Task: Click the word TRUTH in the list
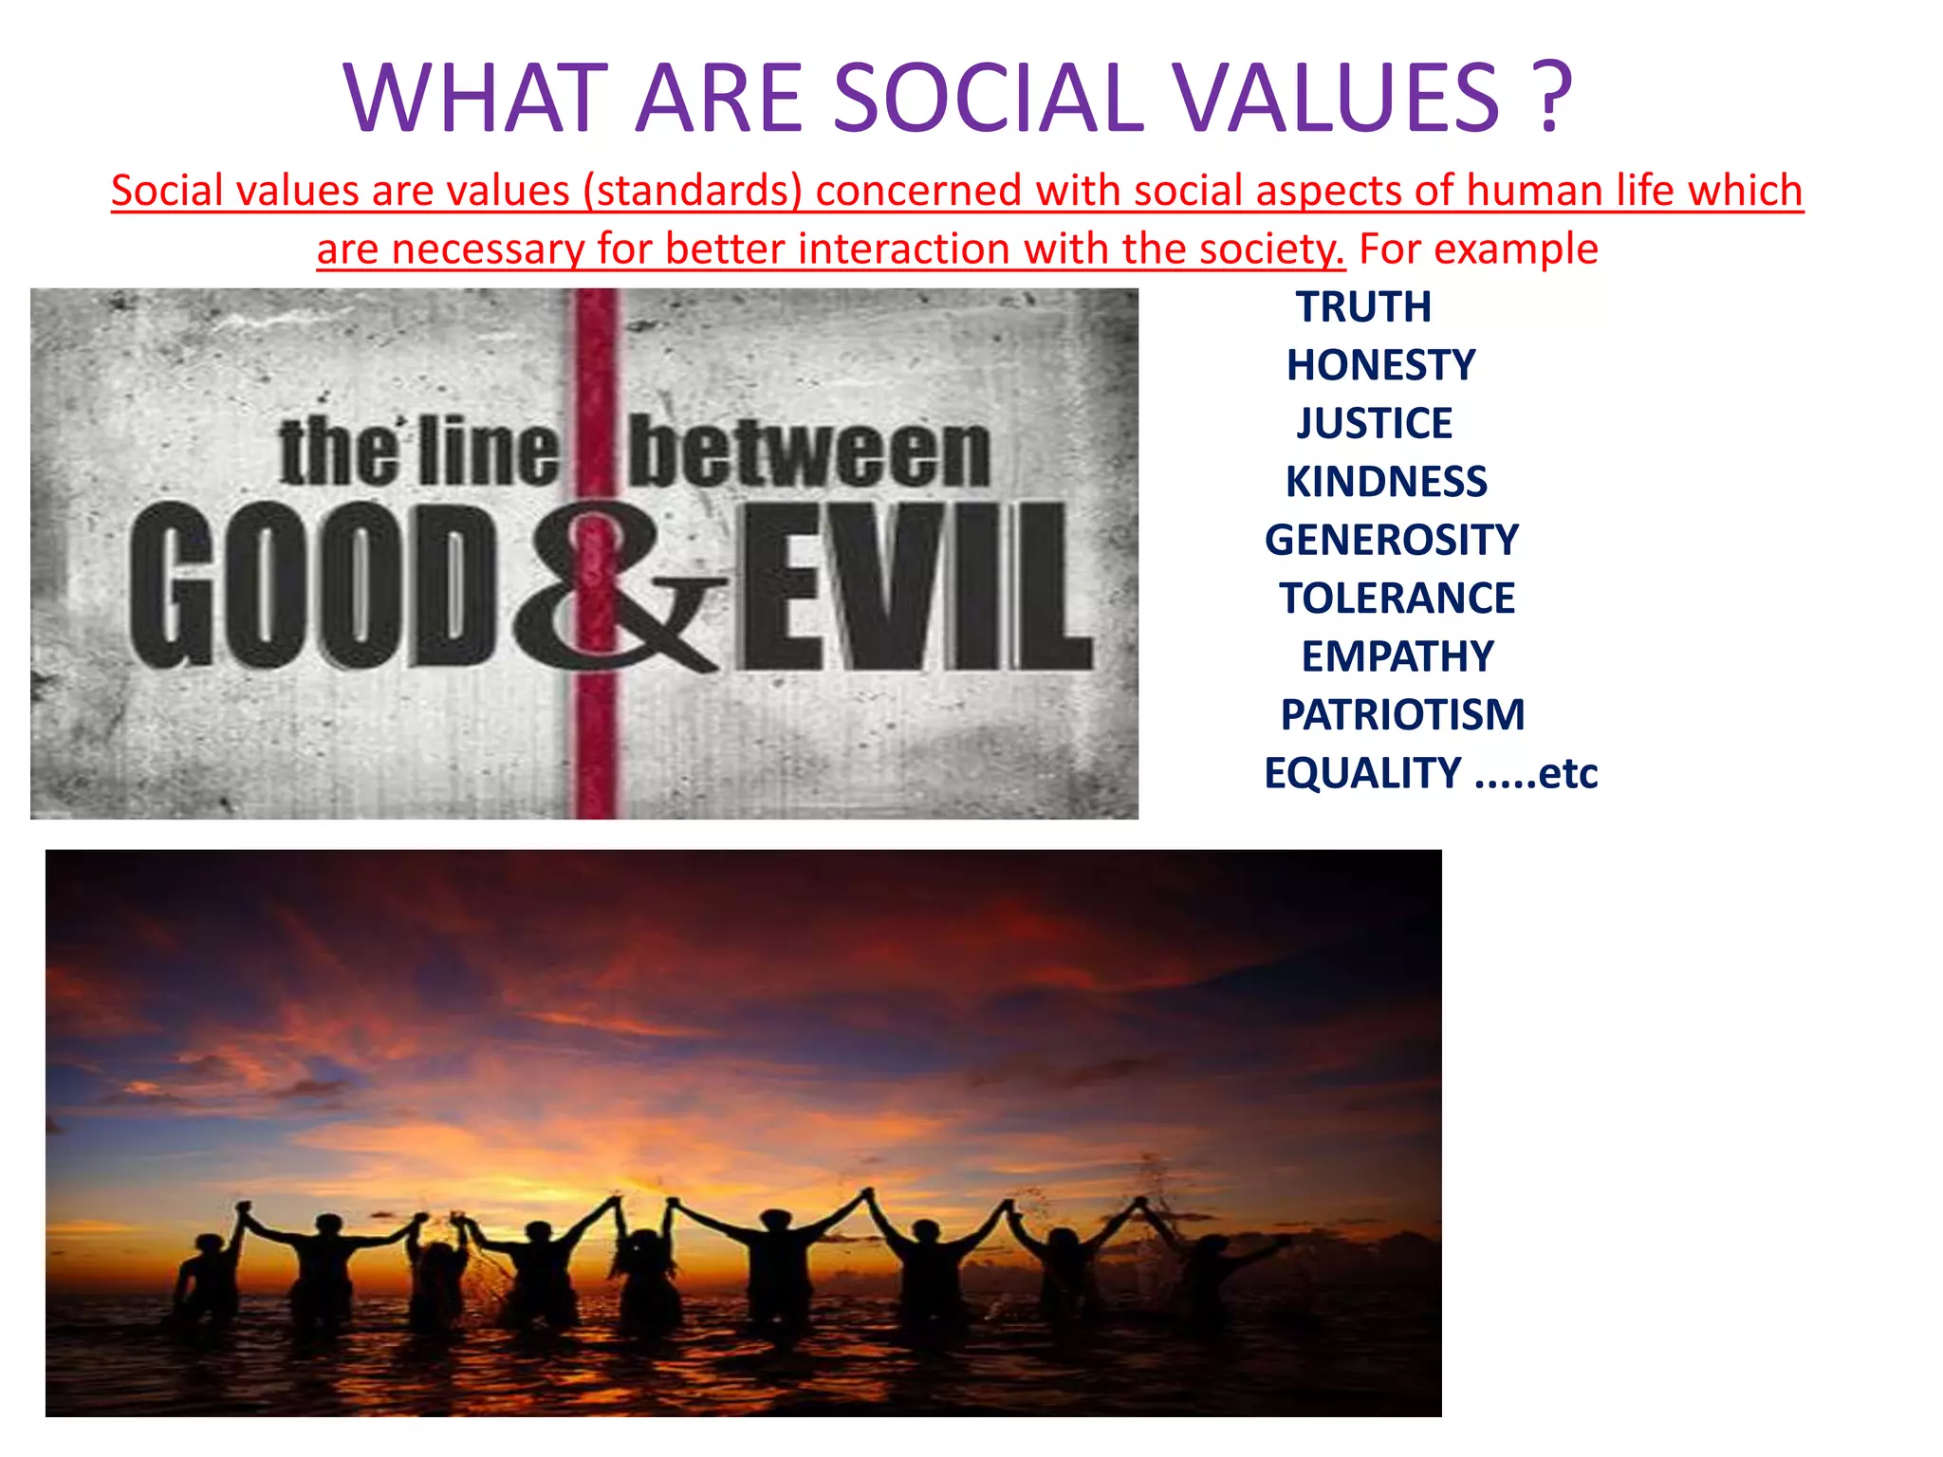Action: click(1363, 307)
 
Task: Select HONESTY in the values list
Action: click(1380, 365)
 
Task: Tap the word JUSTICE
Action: click(1374, 423)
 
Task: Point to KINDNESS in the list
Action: click(1386, 482)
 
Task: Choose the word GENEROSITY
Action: click(1391, 540)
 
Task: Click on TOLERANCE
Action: click(1397, 599)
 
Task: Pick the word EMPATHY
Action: click(1397, 656)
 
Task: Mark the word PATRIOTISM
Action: click(1402, 715)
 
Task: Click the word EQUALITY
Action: click(1362, 773)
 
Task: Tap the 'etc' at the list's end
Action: click(1567, 773)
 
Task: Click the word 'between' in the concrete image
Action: click(809, 453)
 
